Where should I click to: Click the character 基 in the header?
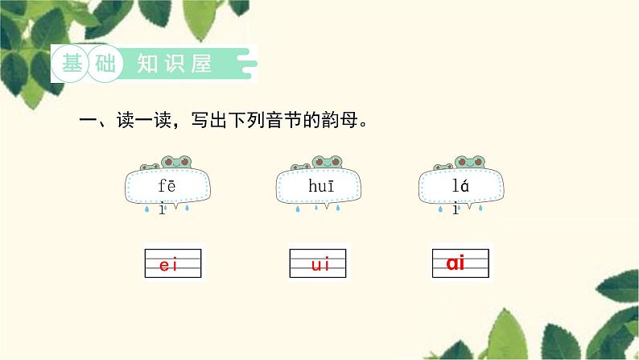coord(73,64)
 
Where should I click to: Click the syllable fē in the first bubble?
coord(167,186)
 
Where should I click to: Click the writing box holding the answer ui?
coord(318,263)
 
